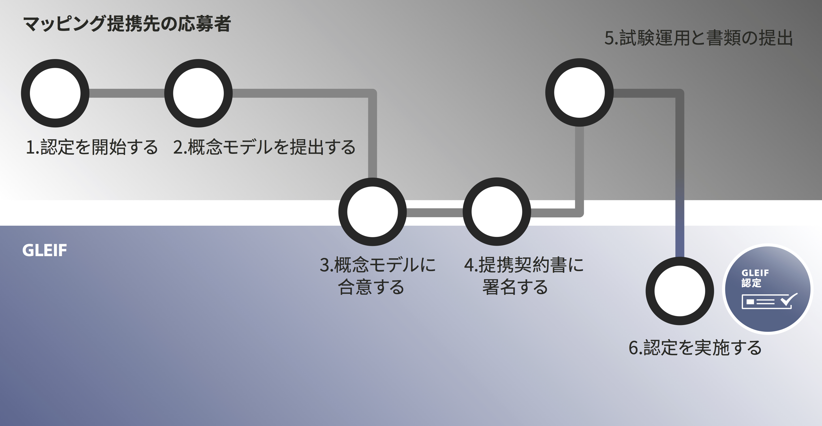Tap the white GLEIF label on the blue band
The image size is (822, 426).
[45, 250]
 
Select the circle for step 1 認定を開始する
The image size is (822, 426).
[55, 93]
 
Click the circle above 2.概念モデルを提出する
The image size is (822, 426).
[198, 93]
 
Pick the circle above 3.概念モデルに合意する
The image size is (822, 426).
[372, 212]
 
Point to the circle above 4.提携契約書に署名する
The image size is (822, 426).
[497, 212]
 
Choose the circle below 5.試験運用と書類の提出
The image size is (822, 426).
[580, 92]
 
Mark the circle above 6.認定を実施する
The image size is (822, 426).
[680, 291]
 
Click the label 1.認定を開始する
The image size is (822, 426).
[92, 147]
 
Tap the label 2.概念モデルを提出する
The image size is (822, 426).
[264, 147]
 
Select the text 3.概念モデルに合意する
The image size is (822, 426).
[378, 276]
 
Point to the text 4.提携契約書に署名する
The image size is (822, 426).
[524, 276]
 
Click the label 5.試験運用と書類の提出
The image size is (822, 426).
[699, 38]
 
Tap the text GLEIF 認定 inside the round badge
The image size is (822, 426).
[755, 278]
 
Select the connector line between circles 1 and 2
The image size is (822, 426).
[127, 93]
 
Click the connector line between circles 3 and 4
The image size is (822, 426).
[435, 213]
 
